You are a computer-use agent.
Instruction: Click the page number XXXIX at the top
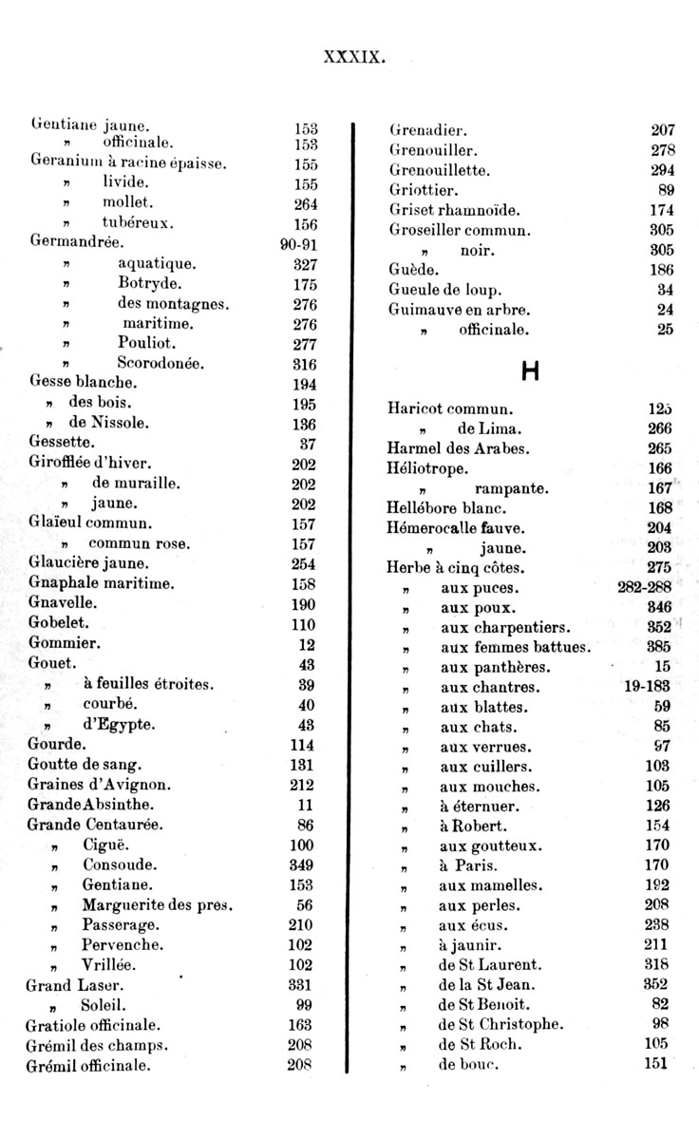coord(354,57)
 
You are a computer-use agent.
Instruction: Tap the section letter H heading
coord(530,372)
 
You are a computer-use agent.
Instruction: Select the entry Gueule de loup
coord(445,290)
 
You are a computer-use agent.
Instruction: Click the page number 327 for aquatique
coord(304,263)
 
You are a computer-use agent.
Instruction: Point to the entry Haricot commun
coord(450,409)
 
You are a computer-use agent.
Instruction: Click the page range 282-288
coord(645,588)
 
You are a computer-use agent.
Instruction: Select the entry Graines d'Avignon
coord(100,785)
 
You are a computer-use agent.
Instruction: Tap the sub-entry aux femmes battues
coord(515,648)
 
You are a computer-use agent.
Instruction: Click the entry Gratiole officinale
coord(93,1026)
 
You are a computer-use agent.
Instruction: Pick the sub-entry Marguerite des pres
coord(158,905)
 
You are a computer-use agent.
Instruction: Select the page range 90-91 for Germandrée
coord(299,244)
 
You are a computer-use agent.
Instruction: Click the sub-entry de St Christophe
coord(501,1024)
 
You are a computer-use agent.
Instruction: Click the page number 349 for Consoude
coord(302,865)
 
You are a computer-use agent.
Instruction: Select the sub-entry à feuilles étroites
coord(148,684)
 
